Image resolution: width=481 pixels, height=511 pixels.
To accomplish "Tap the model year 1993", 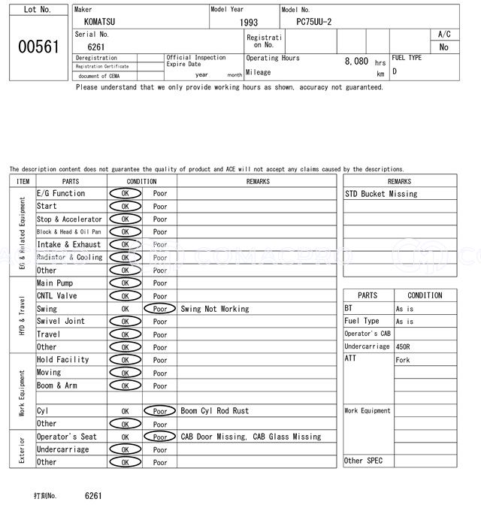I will pyautogui.click(x=248, y=23).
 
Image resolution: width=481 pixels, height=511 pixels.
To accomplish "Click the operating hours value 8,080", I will pyautogui.click(x=356, y=61).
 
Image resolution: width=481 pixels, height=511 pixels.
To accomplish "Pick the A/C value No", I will pyautogui.click(x=443, y=47).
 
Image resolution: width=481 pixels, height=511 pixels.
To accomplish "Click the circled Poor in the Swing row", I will pyautogui.click(x=160, y=309).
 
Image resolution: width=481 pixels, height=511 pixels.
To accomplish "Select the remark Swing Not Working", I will pyautogui.click(x=215, y=309).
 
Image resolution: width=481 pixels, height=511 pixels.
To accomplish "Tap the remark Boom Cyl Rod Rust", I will pyautogui.click(x=215, y=411).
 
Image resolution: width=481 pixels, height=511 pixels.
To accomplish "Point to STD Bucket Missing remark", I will pyautogui.click(x=381, y=194).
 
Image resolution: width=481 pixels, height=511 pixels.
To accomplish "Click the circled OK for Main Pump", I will pyautogui.click(x=125, y=283).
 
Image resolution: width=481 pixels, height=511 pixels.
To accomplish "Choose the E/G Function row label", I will pyautogui.click(x=61, y=193).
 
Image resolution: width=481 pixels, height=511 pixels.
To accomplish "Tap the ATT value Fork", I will pyautogui.click(x=404, y=360).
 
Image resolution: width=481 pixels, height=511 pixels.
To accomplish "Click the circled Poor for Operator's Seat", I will pyautogui.click(x=160, y=437).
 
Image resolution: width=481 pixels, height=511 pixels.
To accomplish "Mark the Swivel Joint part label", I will pyautogui.click(x=61, y=321).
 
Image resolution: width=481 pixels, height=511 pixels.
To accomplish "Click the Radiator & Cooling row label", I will pyautogui.click(x=69, y=257).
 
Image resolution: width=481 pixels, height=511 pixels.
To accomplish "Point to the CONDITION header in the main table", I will pyautogui.click(x=142, y=181).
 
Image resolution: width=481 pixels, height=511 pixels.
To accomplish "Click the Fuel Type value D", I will pyautogui.click(x=395, y=72).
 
